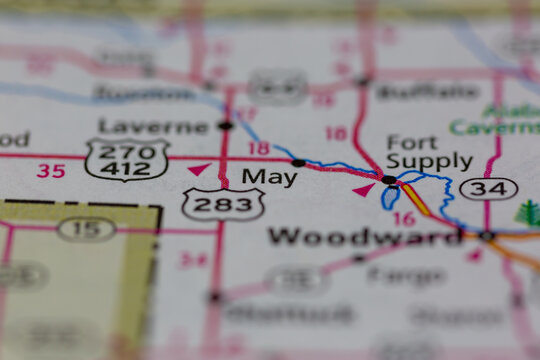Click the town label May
269,177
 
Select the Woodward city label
364,237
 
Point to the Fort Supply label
429,152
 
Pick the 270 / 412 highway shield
126,159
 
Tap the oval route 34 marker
489,188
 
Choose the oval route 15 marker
86,229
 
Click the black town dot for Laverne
225,126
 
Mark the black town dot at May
298,162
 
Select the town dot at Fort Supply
388,180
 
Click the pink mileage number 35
51,171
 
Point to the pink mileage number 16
403,219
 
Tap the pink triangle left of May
199,169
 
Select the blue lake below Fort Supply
390,198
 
